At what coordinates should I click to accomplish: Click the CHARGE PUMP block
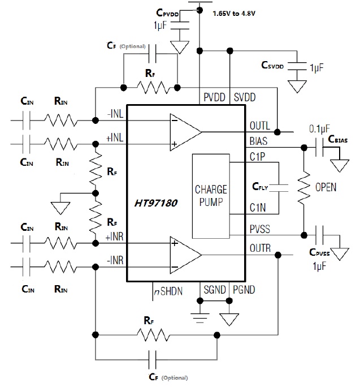pos(210,195)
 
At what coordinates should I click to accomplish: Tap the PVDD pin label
pos(215,97)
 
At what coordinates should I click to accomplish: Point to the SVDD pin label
pos(245,97)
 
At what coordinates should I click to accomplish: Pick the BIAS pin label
pos(259,142)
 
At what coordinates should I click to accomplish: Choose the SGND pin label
pos(215,290)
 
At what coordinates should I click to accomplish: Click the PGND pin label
pos(245,290)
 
